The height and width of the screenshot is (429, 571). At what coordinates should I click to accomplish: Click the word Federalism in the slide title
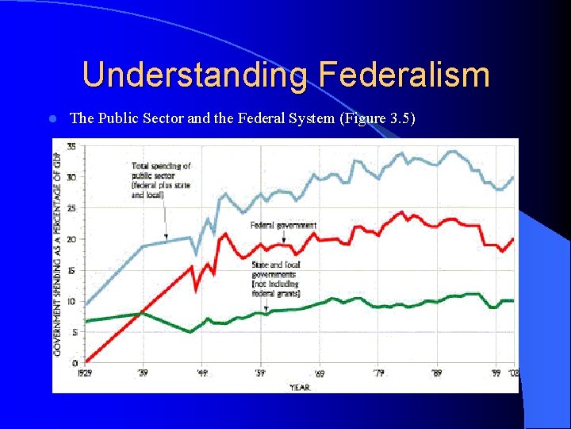point(404,75)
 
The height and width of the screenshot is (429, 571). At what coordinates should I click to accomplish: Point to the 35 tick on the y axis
point(71,146)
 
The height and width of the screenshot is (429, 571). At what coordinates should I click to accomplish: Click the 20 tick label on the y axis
point(71,239)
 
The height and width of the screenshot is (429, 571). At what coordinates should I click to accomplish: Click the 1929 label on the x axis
point(84,373)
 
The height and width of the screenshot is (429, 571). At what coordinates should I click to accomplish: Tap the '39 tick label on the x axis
point(143,373)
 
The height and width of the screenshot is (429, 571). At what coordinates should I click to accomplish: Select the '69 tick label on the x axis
point(319,373)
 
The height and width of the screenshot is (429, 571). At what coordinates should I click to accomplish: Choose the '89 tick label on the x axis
point(437,373)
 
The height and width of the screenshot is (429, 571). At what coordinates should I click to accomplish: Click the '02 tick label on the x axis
point(512,373)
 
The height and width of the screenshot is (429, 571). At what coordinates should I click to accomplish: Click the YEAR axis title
point(300,387)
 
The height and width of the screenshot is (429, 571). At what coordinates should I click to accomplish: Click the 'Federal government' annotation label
point(283,226)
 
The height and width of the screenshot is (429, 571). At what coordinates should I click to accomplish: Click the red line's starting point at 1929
point(86,361)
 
